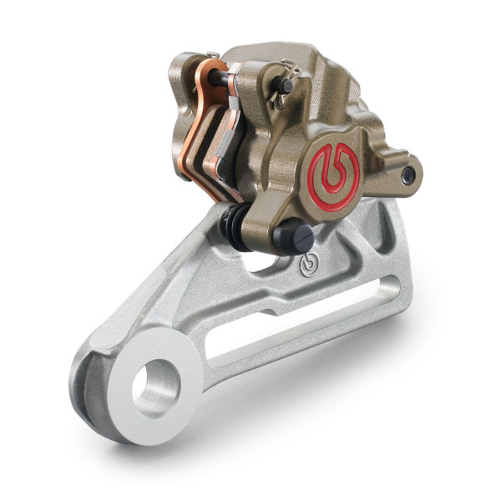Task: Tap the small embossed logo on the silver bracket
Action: click(x=307, y=266)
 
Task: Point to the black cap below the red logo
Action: click(x=292, y=237)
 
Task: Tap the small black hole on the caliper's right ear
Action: click(x=407, y=175)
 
